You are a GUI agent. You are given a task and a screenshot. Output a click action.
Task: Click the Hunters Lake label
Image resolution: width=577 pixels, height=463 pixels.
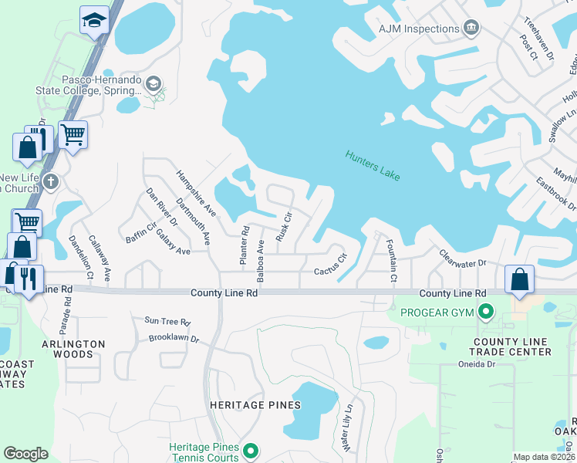click(373, 164)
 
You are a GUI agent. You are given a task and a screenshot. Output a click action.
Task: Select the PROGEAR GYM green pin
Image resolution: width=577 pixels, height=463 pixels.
click(485, 313)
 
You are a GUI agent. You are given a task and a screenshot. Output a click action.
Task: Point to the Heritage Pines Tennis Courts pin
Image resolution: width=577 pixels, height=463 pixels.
click(250, 451)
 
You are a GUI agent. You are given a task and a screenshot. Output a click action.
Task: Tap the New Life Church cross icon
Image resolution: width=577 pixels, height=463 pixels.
click(51, 182)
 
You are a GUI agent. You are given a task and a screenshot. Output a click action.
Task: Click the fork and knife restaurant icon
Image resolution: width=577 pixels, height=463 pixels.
click(29, 278)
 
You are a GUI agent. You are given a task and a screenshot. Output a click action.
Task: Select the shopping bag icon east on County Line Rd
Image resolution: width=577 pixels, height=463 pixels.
click(520, 279)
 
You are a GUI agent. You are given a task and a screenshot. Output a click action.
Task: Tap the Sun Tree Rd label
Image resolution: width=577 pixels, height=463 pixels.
click(167, 321)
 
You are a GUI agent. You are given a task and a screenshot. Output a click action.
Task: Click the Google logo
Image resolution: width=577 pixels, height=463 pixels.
click(25, 454)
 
